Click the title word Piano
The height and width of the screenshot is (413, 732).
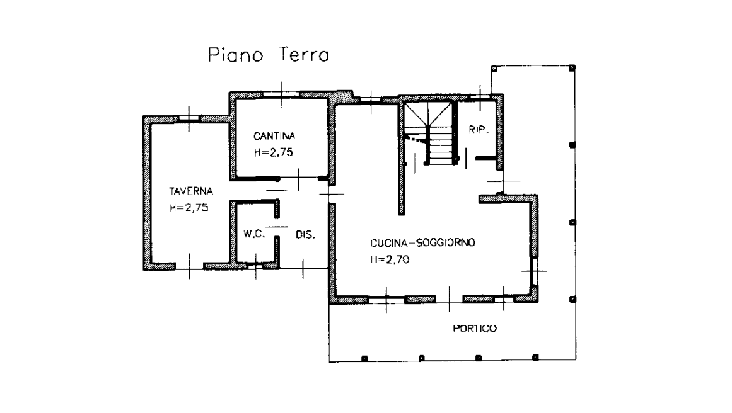pos(235,55)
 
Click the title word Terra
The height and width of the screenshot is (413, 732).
pos(304,54)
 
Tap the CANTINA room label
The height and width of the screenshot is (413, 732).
pos(274,135)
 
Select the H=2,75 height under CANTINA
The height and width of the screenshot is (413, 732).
pos(274,152)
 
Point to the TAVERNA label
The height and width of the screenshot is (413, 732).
pos(191,191)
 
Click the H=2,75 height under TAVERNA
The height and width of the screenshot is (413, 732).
pos(189,207)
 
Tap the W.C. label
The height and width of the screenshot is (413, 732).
pos(254,234)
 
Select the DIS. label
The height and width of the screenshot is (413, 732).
pos(305,234)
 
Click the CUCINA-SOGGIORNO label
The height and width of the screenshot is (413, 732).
pos(422,242)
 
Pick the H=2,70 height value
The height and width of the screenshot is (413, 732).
pos(390,259)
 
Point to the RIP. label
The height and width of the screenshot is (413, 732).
pos(479,130)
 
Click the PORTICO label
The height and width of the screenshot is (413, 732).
pos(475,328)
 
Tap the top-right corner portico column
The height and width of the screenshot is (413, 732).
pos(572,68)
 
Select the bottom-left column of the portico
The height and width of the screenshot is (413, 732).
pos(364,358)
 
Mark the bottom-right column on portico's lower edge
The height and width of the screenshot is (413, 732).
pos(535,358)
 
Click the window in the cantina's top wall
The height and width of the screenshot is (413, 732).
pos(281,94)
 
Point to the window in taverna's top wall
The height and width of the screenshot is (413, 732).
pos(189,118)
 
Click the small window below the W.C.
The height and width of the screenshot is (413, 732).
pos(255,265)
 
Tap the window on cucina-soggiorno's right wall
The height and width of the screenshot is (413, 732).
pos(535,270)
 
